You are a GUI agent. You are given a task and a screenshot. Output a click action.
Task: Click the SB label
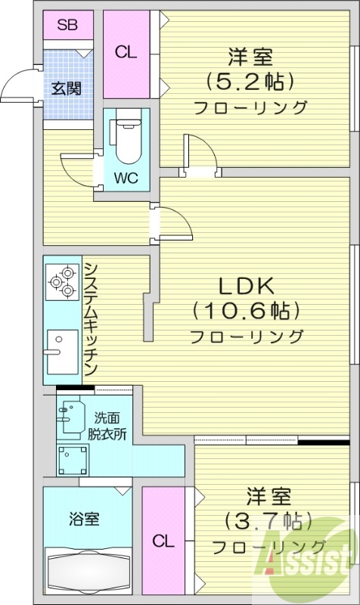click(x=67, y=25)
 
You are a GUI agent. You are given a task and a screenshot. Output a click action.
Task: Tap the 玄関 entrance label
click(x=67, y=87)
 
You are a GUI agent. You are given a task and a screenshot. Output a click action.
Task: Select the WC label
click(x=126, y=179)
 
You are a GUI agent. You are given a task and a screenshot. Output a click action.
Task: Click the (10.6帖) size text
click(x=247, y=310)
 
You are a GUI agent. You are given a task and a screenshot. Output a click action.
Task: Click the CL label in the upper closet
click(x=126, y=52)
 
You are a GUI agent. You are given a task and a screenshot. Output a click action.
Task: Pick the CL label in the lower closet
click(x=162, y=541)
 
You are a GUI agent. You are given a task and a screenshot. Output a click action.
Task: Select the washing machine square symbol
click(x=73, y=459)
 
